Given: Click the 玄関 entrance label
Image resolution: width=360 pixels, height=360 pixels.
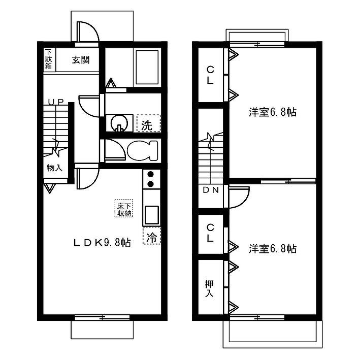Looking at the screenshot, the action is (x=81, y=60).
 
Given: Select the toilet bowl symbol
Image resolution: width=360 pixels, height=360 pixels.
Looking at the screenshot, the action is (x=143, y=150).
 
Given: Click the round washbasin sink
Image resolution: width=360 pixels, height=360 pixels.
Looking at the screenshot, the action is (x=119, y=123).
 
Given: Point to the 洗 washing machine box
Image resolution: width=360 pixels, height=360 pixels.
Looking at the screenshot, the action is (x=148, y=123).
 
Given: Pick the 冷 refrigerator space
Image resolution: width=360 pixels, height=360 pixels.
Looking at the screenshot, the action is (x=151, y=235).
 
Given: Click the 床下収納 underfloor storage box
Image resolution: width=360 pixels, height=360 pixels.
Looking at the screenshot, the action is (x=124, y=208).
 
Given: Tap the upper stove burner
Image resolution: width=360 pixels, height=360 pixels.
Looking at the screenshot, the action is (x=150, y=175).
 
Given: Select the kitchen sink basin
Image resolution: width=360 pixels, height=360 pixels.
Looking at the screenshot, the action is (x=151, y=214).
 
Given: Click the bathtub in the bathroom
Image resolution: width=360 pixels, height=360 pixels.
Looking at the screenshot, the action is (x=147, y=68).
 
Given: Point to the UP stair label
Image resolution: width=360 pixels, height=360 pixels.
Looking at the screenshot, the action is (x=56, y=102).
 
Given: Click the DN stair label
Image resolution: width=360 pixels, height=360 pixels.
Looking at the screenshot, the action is (x=211, y=190).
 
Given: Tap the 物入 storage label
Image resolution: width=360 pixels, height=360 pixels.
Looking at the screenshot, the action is (x=55, y=168).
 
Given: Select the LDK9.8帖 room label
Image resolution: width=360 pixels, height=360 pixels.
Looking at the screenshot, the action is (x=102, y=242).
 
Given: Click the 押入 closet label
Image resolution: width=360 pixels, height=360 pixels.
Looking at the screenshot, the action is (x=209, y=288).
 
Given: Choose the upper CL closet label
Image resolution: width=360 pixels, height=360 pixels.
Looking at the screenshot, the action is (x=210, y=75).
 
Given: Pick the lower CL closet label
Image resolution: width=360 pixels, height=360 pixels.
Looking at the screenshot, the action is (x=210, y=233).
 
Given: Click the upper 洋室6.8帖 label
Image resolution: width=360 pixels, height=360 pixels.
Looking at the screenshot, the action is (x=273, y=112).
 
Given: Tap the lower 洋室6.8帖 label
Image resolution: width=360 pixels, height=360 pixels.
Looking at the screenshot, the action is (x=273, y=249).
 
